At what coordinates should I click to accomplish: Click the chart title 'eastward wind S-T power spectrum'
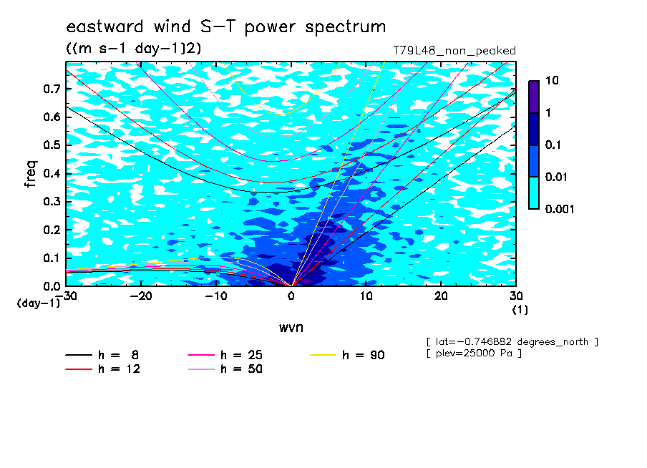(225, 26)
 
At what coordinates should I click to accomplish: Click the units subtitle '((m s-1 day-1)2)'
(133, 48)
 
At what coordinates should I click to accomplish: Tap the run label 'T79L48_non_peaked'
(454, 51)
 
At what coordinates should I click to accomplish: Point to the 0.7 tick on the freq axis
(52, 89)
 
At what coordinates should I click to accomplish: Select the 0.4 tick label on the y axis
(52, 173)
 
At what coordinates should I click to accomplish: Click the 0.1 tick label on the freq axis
(52, 258)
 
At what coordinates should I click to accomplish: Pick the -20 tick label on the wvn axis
(141, 296)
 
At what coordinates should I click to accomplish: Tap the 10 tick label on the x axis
(366, 296)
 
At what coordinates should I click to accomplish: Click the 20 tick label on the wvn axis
(441, 296)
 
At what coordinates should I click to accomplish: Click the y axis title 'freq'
(30, 174)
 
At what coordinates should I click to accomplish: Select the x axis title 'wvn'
(291, 328)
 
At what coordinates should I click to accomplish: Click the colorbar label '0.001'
(560, 209)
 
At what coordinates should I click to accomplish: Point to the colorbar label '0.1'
(553, 145)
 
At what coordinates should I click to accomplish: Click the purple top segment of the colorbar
(534, 97)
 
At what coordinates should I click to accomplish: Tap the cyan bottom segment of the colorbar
(534, 193)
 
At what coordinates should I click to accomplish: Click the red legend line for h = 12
(79, 369)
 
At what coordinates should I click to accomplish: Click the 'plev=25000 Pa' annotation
(474, 354)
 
